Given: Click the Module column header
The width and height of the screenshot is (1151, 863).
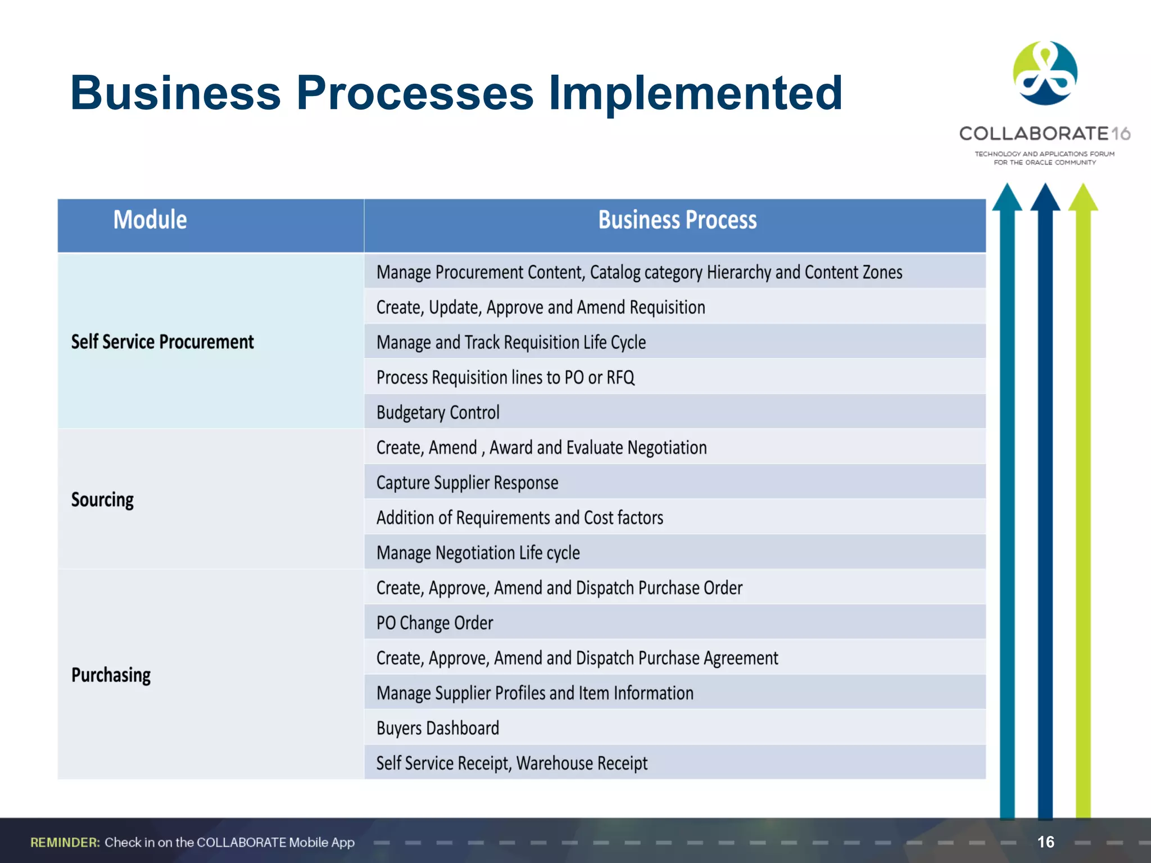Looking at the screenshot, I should click(x=150, y=220).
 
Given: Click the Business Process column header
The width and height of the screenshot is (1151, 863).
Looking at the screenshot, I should click(x=677, y=220).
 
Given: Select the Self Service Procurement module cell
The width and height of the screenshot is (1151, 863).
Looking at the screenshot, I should click(x=162, y=342).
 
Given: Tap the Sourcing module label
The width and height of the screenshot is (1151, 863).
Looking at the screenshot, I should click(x=102, y=499).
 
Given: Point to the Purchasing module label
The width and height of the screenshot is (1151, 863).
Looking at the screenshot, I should click(x=111, y=675).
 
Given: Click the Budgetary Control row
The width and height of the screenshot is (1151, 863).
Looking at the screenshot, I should click(x=438, y=412).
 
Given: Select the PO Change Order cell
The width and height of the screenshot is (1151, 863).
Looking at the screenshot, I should click(x=434, y=623).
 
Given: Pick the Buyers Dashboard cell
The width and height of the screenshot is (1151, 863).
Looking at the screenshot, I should click(x=438, y=728).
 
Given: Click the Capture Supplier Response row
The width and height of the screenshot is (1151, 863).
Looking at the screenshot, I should click(x=467, y=483).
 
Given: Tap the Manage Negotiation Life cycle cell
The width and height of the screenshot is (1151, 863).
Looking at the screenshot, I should click(x=478, y=553).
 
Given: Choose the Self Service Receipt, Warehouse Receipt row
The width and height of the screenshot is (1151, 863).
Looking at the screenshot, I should click(x=511, y=763).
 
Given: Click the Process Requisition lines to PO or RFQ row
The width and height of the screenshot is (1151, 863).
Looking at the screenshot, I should click(x=505, y=377).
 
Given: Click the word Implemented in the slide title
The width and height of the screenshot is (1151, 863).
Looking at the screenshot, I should click(x=695, y=93).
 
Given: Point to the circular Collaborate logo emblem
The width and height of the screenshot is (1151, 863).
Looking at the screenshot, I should click(x=1045, y=73).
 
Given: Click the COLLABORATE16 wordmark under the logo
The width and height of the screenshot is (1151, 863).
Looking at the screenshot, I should click(x=1044, y=134).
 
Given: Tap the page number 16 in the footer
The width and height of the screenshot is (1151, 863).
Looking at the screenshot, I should click(x=1045, y=842).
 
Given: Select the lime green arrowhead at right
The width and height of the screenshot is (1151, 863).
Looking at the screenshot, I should click(x=1083, y=198).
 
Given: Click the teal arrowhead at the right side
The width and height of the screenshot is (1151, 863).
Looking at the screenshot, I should click(x=1007, y=198).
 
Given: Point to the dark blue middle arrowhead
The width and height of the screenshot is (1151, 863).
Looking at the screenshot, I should click(x=1045, y=198).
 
